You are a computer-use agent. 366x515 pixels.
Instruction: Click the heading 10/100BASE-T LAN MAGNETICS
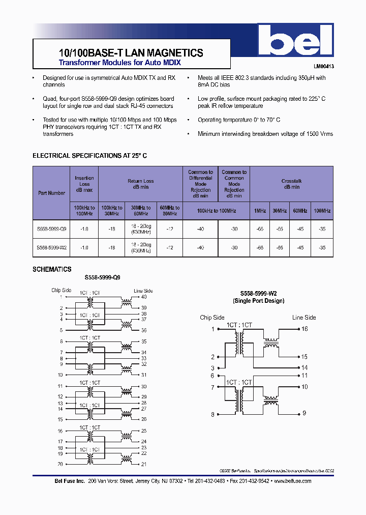click(128, 53)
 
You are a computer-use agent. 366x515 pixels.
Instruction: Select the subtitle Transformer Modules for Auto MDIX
click(119, 63)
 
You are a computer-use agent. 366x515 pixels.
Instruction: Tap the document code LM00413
click(323, 67)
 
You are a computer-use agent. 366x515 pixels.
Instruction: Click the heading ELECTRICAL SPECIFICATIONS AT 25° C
click(89, 156)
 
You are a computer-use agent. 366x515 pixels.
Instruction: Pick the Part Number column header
click(51, 193)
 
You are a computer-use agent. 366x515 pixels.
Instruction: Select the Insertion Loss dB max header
click(84, 184)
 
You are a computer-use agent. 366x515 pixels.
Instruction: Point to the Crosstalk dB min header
click(291, 184)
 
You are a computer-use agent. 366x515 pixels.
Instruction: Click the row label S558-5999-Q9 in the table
click(51, 229)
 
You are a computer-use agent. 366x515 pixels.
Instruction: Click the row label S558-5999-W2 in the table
click(51, 247)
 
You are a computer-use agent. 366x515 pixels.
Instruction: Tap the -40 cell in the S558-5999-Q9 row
click(200, 229)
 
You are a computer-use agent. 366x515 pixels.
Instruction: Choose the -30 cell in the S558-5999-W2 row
click(234, 247)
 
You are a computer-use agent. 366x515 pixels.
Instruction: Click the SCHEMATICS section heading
click(52, 269)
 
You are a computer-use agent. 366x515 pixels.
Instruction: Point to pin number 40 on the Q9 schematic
click(144, 297)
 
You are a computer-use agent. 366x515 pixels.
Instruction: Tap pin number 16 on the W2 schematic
click(304, 329)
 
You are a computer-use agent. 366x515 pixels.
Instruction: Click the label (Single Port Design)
click(259, 301)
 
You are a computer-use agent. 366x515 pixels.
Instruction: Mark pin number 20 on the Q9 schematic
click(60, 464)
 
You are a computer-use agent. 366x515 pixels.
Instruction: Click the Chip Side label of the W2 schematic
click(212, 318)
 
